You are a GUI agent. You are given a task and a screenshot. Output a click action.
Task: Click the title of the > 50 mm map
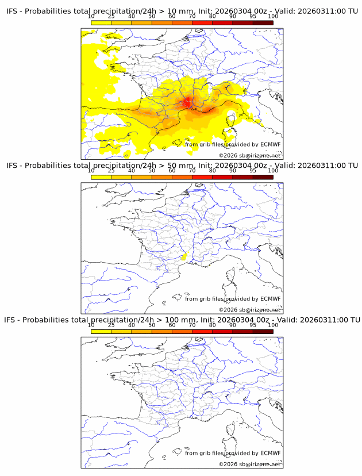[x=182, y=166]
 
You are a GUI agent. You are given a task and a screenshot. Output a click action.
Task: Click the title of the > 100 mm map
[x=182, y=320]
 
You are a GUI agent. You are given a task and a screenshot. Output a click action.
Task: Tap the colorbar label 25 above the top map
[x=111, y=17]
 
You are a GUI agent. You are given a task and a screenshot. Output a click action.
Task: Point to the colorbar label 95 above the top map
[x=253, y=17]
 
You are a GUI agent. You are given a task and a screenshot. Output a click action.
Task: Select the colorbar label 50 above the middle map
[x=152, y=171]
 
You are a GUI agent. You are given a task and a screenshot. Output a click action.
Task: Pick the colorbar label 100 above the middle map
[x=273, y=171]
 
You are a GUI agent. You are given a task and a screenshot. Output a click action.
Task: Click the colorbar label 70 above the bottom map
[x=192, y=325]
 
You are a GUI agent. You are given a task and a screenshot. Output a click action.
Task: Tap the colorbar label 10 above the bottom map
[x=91, y=325]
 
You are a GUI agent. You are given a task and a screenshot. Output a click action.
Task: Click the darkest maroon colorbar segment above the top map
[x=263, y=23]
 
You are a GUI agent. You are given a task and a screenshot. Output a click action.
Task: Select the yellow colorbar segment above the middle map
[x=101, y=177]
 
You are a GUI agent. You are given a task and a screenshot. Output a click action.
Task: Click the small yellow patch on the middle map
[x=184, y=257]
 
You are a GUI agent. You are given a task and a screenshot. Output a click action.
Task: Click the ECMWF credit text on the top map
[x=233, y=144]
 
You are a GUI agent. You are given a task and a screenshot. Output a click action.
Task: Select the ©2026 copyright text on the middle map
[x=249, y=309]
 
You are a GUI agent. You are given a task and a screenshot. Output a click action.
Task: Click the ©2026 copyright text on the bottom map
[x=249, y=463]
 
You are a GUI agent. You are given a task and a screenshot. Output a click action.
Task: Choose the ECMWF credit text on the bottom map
[x=233, y=453]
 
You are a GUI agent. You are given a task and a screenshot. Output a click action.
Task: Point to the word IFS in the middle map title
[x=11, y=166]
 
